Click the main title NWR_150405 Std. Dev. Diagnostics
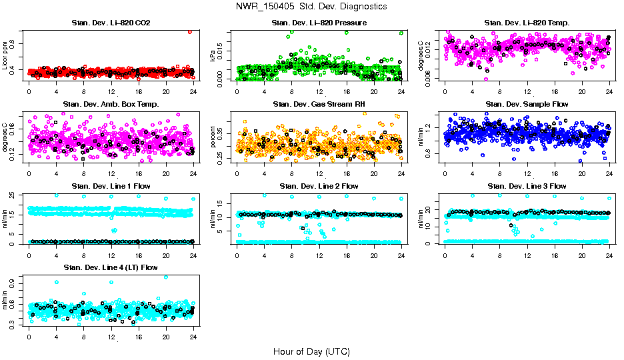point(311,7)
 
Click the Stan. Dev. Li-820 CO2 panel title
point(111,23)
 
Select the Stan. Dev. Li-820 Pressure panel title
point(319,23)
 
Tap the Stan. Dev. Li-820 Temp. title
point(527,23)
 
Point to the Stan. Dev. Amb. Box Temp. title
point(111,104)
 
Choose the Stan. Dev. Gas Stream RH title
point(319,104)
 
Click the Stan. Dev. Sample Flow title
point(527,104)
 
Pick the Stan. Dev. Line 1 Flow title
point(111,186)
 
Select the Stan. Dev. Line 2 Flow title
point(319,186)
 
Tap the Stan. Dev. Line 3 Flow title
point(527,186)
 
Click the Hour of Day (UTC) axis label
point(311,351)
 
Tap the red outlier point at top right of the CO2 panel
point(190,31)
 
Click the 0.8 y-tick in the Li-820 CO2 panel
point(14,45)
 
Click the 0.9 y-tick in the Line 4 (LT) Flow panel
point(14,282)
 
